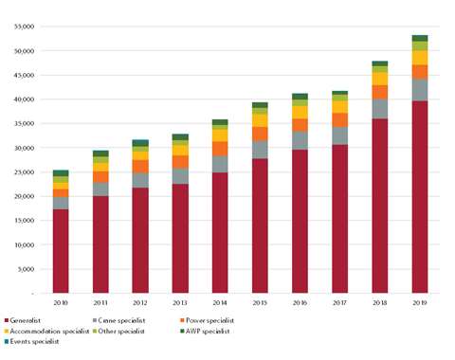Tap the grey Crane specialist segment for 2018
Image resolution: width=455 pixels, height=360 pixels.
click(379, 109)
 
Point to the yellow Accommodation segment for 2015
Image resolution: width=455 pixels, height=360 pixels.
click(260, 120)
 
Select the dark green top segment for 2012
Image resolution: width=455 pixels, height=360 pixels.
click(140, 143)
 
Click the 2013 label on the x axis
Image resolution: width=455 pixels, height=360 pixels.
click(180, 303)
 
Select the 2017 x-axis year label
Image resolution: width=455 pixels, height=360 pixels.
click(339, 303)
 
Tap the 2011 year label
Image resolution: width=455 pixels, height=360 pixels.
click(100, 303)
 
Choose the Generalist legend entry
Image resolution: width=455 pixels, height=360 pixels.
click(28, 321)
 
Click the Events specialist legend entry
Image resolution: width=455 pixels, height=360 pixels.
click(34, 342)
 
